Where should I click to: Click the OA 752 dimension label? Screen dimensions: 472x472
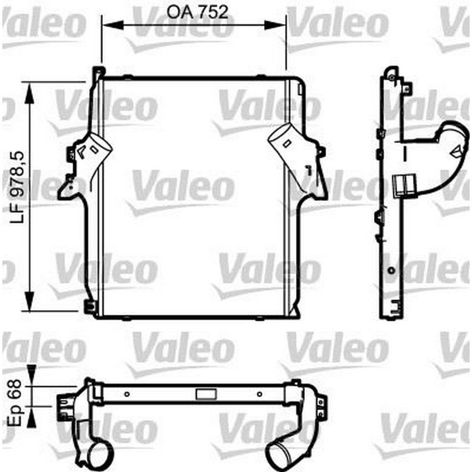pyautogui.click(x=197, y=12)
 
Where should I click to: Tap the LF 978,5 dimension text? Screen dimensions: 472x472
pyautogui.click(x=17, y=187)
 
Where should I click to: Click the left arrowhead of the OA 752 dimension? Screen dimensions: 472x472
pyautogui.click(x=113, y=25)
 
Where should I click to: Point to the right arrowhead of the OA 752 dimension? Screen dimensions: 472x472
pyautogui.click(x=275, y=25)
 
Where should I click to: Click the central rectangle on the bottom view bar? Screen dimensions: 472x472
pyautogui.click(x=206, y=394)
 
